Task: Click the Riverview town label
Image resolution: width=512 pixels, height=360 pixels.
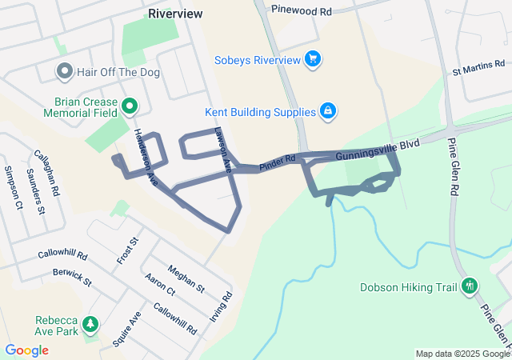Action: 175,14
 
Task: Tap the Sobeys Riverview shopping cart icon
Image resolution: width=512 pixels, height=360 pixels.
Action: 313,59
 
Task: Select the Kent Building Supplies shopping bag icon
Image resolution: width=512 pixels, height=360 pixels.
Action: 326,110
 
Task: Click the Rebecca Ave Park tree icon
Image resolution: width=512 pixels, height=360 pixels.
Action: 91,324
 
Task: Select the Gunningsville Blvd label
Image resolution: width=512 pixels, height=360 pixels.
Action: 366,147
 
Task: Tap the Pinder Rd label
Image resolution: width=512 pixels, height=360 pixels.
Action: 278,161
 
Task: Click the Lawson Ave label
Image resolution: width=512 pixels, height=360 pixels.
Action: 223,151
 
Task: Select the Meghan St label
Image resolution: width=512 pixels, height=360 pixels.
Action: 186,279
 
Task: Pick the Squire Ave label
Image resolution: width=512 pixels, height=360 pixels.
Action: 126,329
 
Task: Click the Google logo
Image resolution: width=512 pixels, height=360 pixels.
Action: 26,350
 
